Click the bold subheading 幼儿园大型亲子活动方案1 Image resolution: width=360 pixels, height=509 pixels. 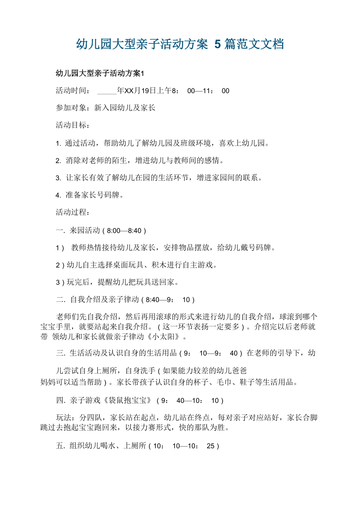tap(100, 73)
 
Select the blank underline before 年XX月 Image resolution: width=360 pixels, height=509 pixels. tap(107, 91)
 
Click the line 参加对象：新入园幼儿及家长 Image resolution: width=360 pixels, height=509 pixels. tap(106, 108)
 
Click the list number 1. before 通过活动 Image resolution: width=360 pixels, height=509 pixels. tap(58, 143)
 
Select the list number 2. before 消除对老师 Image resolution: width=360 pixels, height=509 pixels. tap(58, 160)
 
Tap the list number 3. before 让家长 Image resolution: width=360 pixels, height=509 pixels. tap(58, 178)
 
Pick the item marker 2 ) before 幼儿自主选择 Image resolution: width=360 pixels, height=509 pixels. tap(60, 265)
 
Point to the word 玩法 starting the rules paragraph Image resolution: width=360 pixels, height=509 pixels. tap(65, 418)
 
